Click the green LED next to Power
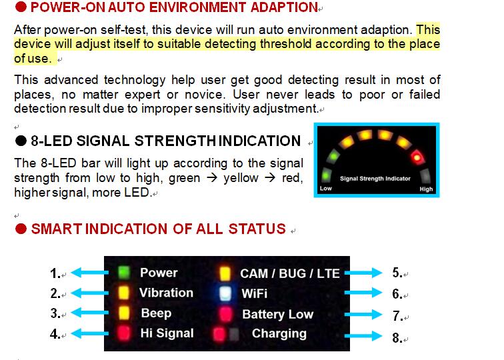coord(124,272)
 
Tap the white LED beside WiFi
coord(225,293)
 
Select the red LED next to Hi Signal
coord(124,333)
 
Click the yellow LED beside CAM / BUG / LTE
coord(225,273)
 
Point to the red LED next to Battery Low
coord(225,314)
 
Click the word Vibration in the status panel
coord(166,293)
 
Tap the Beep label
coord(156,313)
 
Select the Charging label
coord(279,334)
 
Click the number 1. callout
coord(55,273)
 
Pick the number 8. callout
coord(397,338)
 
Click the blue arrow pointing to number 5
coord(363,273)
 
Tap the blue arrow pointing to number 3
coord(90,313)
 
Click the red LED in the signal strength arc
coord(417,157)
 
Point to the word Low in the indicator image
coord(325,189)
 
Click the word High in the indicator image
coord(426,189)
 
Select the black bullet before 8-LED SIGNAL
coord(21,141)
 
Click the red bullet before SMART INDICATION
coord(21,229)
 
